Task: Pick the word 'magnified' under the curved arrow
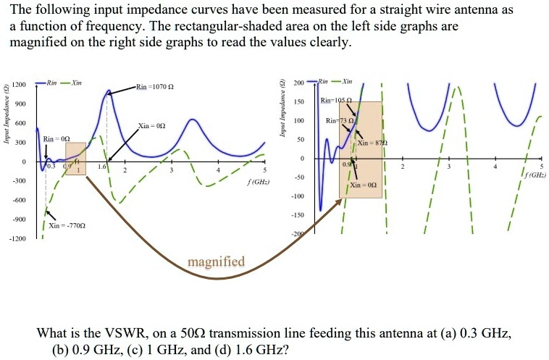point(217,261)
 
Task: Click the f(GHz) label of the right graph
point(534,175)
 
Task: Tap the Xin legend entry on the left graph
point(75,83)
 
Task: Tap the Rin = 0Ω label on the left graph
point(56,138)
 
